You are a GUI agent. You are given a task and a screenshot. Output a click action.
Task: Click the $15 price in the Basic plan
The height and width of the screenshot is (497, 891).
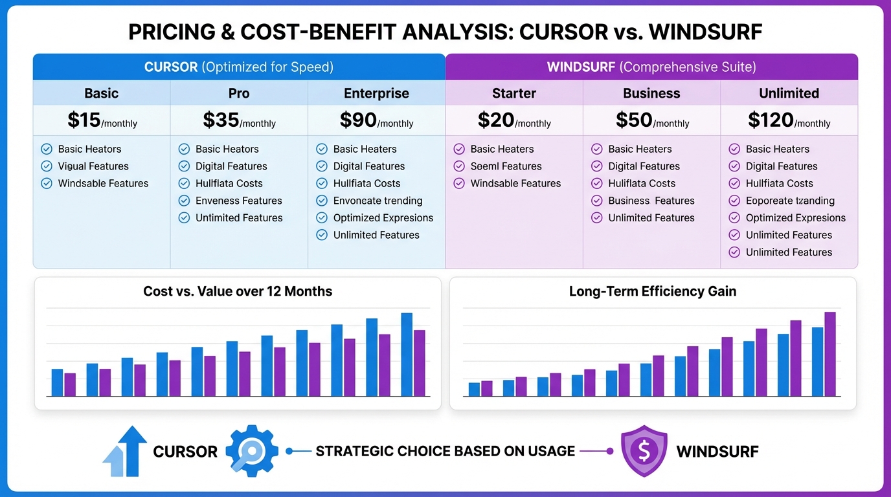pos(84,120)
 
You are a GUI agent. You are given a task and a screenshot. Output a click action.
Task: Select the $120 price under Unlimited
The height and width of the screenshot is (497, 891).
pos(771,120)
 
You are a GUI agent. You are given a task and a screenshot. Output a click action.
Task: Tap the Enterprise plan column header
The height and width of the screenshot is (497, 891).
pos(376,93)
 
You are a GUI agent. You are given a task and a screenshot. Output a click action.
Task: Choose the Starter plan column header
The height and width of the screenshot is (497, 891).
pos(514,93)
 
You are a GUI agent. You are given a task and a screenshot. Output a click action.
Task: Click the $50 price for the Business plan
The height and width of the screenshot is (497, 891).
pos(633,120)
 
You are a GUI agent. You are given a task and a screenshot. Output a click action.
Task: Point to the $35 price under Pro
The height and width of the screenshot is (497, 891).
pos(221,120)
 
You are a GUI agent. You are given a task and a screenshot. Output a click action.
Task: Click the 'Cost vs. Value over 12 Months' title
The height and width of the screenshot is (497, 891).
pos(238,291)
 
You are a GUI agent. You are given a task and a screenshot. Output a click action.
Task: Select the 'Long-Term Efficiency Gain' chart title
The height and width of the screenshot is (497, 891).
pos(652,291)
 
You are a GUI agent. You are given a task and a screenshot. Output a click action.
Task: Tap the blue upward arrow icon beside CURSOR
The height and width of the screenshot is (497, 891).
pos(126,451)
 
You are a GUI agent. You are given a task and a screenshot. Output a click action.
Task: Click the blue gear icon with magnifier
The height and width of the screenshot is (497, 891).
pos(252,451)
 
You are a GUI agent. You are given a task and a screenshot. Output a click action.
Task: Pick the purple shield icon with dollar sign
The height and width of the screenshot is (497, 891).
pos(644,451)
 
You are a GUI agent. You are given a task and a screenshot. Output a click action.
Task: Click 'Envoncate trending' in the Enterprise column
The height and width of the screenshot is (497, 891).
pos(378,201)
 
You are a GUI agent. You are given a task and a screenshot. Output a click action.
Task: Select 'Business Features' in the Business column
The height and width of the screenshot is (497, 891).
pos(651,201)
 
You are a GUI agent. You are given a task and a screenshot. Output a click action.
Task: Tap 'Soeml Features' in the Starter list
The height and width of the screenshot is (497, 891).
pos(506,166)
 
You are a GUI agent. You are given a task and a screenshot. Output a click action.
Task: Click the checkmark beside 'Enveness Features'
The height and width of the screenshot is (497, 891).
pos(184,201)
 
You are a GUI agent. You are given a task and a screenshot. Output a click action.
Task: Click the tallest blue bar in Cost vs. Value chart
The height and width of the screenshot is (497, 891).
pos(407,355)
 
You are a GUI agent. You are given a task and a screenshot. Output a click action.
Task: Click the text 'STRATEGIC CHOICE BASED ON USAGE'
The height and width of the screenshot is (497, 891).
pos(445,451)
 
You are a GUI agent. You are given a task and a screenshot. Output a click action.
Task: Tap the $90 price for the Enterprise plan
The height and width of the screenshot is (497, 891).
pos(358,120)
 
